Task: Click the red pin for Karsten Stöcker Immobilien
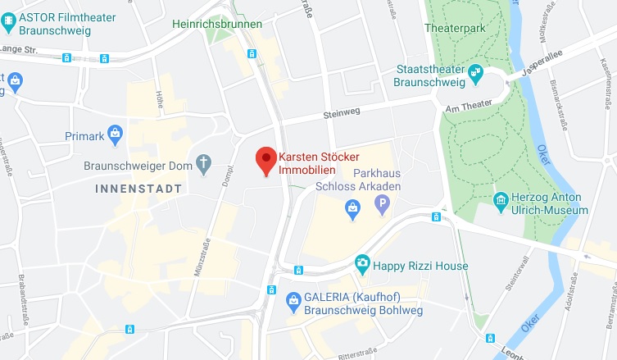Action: click(265, 159)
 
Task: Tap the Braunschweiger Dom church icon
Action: click(204, 165)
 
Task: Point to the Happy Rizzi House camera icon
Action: click(361, 265)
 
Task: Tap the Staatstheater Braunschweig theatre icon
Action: click(476, 75)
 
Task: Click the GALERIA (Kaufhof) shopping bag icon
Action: click(293, 303)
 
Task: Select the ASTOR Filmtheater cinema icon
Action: click(9, 23)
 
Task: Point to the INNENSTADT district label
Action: click(138, 189)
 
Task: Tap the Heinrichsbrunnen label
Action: click(217, 24)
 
